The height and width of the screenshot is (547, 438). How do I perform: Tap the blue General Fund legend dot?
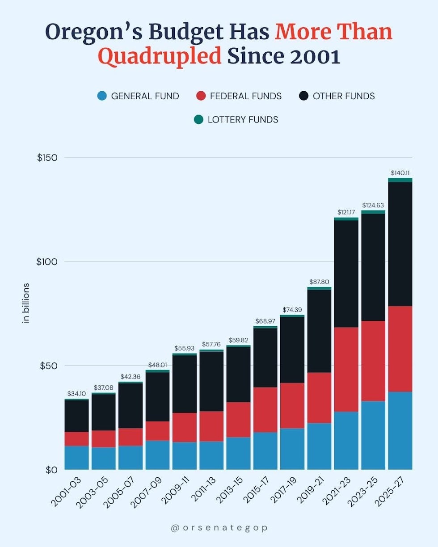pos(102,96)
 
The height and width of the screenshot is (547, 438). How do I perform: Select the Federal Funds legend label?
pos(245,96)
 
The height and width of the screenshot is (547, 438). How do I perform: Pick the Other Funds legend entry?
pos(343,96)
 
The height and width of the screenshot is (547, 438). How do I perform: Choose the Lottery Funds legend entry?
pos(243,119)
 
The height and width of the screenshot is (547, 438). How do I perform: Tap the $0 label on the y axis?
pos(52,470)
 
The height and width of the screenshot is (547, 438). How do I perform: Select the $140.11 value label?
pos(400,173)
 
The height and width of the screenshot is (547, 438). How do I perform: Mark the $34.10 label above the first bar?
pos(76,394)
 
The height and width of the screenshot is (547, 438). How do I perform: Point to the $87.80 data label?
pos(319,282)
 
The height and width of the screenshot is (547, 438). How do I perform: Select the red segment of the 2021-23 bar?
pos(346,369)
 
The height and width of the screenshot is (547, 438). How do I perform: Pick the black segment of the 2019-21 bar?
pos(319,331)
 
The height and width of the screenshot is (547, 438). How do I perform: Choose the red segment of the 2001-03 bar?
pos(76,438)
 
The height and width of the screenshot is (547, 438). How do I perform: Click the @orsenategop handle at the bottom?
pos(219,528)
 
